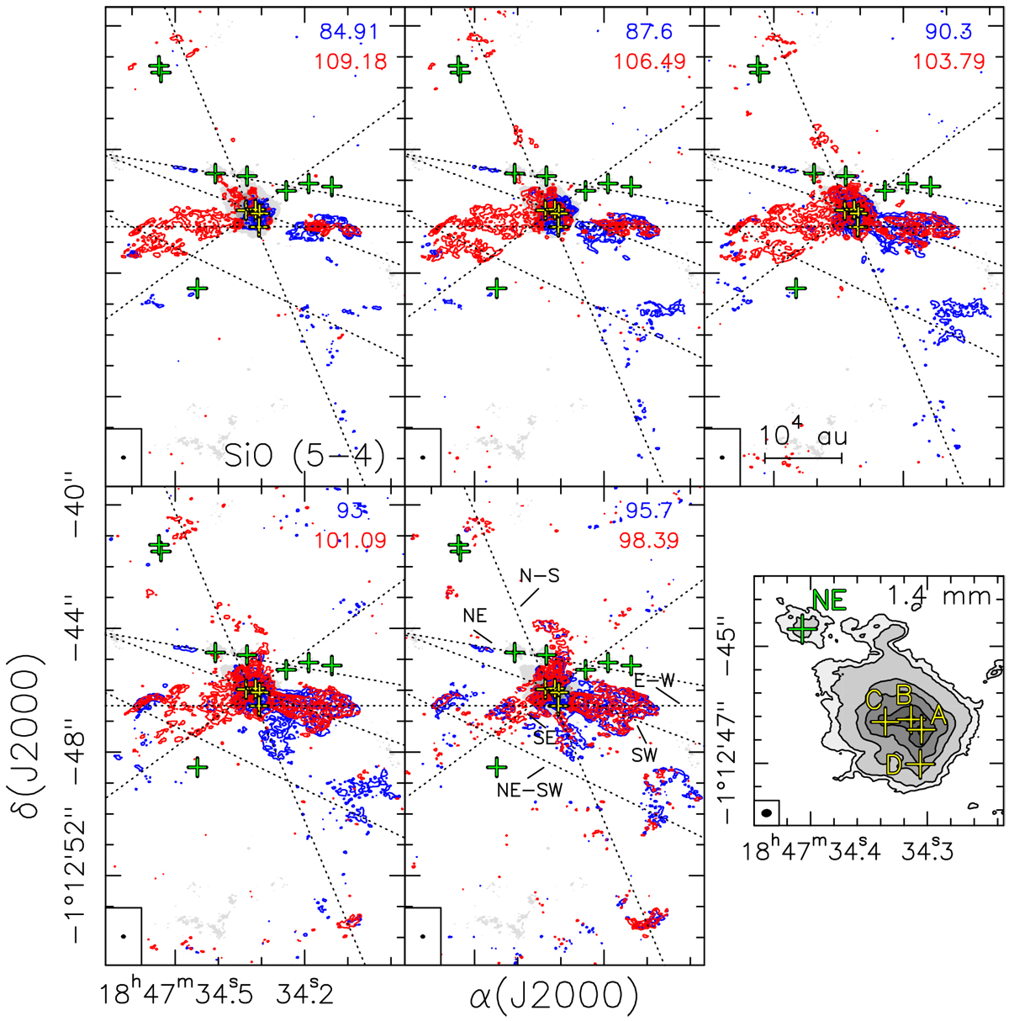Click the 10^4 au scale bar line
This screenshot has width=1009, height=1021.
tap(803, 458)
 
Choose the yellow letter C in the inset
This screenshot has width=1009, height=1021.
tap(874, 699)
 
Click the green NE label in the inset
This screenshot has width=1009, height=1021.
tap(827, 600)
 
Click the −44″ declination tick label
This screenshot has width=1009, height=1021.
tap(62, 627)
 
